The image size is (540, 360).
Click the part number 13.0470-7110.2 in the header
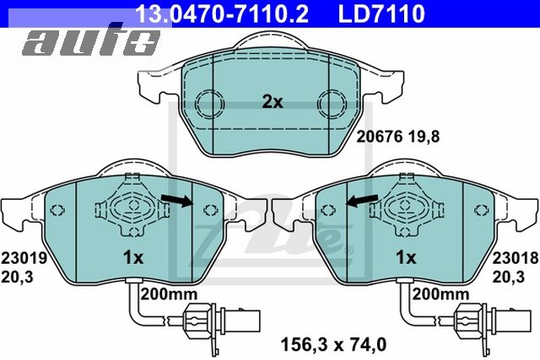[x=222, y=13]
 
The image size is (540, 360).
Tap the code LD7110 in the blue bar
[x=381, y=13]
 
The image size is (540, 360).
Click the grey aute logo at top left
[x=91, y=40]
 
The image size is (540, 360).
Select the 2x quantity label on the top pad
[x=272, y=102]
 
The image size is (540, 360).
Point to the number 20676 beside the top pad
[x=379, y=137]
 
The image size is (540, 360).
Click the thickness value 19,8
[x=424, y=137]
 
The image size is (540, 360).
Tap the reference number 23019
[x=24, y=258]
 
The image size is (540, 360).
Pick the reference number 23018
[x=516, y=258]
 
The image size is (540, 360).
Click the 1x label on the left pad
[x=133, y=257]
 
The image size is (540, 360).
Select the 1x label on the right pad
[x=406, y=257]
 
